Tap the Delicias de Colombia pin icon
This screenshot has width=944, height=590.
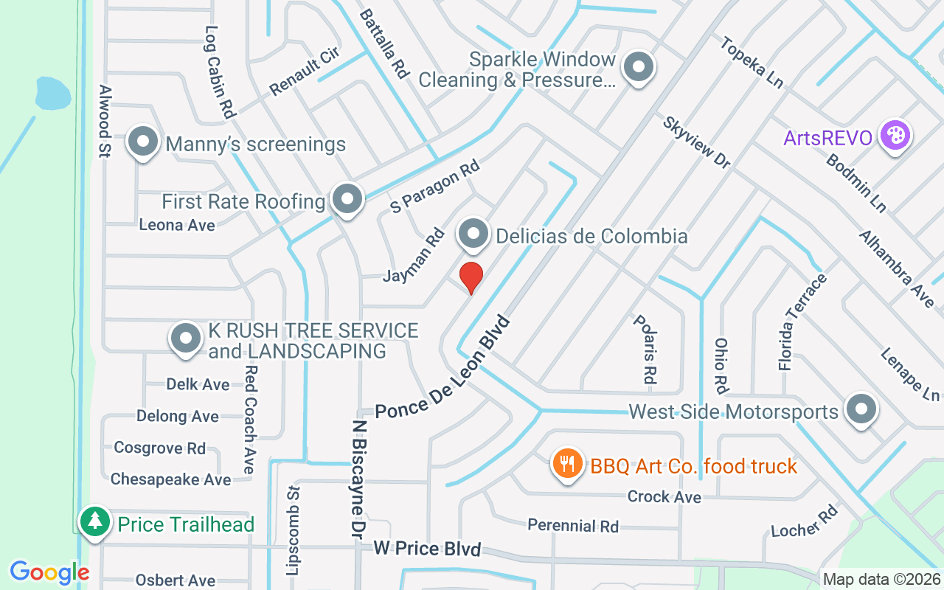tap(473, 235)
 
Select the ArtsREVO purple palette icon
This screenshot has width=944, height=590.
tap(895, 136)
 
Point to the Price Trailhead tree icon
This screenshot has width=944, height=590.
tap(94, 521)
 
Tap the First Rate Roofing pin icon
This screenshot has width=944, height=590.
tap(347, 198)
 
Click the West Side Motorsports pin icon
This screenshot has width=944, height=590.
tap(860, 409)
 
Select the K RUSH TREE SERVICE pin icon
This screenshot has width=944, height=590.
tap(186, 339)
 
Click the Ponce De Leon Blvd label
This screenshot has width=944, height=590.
tap(442, 369)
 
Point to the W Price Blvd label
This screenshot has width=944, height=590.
tap(427, 548)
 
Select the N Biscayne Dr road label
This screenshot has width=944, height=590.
tap(359, 479)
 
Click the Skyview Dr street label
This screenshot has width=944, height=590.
tap(696, 142)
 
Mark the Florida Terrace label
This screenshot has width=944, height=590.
tap(802, 322)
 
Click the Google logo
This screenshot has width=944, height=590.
tap(49, 572)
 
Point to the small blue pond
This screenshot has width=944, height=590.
tap(53, 93)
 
